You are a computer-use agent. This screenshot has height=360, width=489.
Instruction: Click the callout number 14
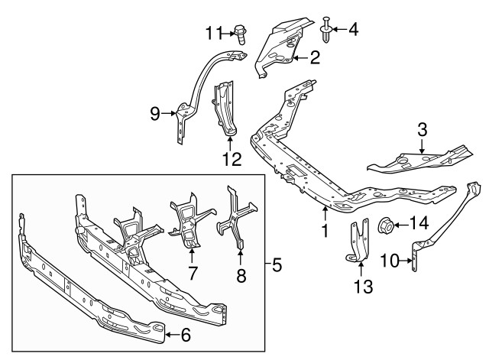point(419,224)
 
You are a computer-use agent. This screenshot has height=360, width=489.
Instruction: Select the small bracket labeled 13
point(355,246)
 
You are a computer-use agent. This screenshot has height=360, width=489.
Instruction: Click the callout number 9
point(154,115)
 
